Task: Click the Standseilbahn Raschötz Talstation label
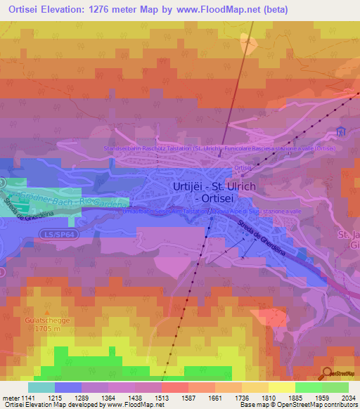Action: coord(162,148)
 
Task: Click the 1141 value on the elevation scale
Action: coord(29,398)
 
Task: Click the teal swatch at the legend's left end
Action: coord(41,387)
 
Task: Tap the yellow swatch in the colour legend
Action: coord(282,387)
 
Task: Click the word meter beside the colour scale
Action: coord(11,398)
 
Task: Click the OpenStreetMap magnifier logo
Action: coord(327,373)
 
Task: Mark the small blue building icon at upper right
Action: coord(342,131)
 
